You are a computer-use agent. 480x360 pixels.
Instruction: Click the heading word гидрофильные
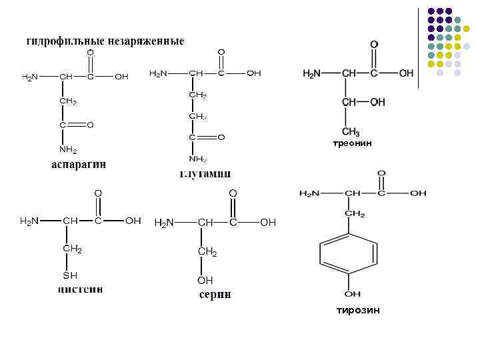[x=61, y=41]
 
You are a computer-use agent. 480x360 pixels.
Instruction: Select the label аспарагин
[x=79, y=165]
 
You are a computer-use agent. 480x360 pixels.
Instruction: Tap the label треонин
[x=352, y=143]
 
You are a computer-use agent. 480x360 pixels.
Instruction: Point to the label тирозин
[x=358, y=310]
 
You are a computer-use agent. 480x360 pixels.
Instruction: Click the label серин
[x=215, y=295]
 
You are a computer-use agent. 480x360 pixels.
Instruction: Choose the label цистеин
[x=80, y=290]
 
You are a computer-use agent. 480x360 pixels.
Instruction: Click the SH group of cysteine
[x=70, y=275]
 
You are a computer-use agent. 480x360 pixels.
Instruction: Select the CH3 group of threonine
[x=351, y=131]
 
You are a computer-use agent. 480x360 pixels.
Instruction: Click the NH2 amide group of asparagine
[x=68, y=150]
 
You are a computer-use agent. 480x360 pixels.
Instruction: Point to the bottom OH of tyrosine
[x=353, y=294]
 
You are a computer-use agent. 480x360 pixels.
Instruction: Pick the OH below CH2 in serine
[x=205, y=281]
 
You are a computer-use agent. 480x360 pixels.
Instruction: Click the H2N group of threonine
[x=316, y=73]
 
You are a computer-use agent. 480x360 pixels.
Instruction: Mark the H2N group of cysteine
[x=29, y=221]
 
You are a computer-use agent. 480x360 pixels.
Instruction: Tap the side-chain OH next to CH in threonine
[x=377, y=102]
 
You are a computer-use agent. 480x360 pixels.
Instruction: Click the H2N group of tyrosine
[x=309, y=193]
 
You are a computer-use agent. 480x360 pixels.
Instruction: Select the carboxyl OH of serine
[x=267, y=223]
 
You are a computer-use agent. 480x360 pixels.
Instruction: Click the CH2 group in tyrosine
[x=354, y=214]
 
